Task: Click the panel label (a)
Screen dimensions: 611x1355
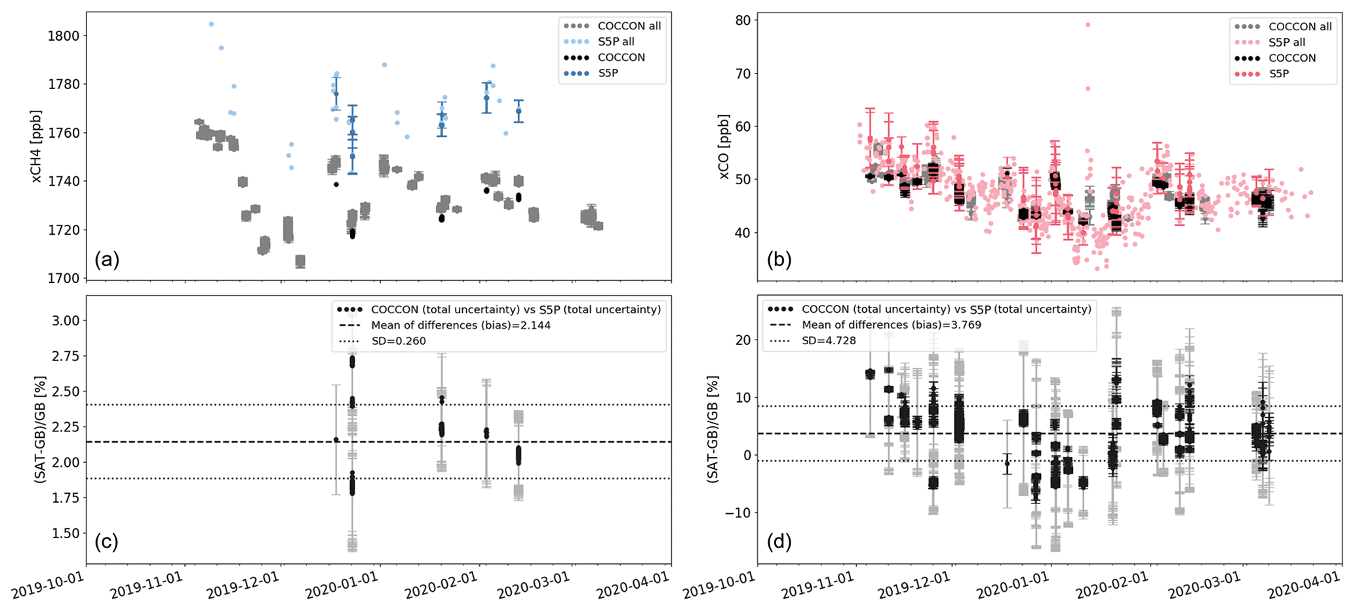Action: click(107, 260)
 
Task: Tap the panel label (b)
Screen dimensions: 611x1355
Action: click(779, 260)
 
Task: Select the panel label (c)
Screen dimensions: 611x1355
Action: click(107, 542)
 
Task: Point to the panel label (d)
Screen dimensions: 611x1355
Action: click(779, 542)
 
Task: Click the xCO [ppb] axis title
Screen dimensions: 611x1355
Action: click(724, 146)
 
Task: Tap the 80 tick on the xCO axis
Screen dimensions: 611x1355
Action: click(743, 20)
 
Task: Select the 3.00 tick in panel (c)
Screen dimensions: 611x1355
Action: click(64, 321)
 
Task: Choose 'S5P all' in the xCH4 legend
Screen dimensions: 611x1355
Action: click(616, 42)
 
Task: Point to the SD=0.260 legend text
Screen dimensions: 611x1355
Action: click(398, 341)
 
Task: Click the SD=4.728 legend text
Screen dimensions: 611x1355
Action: click(829, 341)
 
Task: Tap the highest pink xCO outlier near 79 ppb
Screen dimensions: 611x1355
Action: click(1088, 25)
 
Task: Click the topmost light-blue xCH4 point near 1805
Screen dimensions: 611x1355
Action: click(211, 24)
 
